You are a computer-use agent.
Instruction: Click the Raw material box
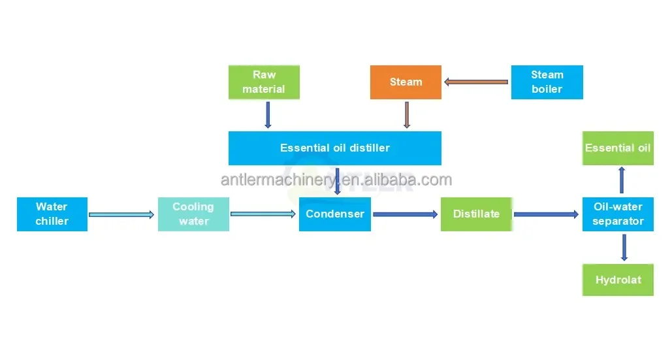point(264,82)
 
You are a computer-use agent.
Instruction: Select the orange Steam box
point(406,82)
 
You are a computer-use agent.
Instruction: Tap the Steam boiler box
point(547,82)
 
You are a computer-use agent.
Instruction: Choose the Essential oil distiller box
point(334,148)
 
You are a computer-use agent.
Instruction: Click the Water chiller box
point(52,214)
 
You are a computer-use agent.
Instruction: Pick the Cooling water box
point(193,214)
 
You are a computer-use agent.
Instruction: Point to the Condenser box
point(335,214)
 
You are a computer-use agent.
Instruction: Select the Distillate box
point(476,214)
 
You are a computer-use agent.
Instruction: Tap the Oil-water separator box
point(618,214)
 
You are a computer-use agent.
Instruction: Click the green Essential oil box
point(618,148)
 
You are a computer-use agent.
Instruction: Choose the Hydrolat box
point(618,280)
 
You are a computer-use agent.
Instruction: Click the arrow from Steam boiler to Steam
point(476,82)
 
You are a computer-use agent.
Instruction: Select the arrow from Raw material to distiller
point(268,115)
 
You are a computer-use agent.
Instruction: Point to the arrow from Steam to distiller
point(406,115)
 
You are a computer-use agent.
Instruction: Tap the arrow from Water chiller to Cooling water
point(122,214)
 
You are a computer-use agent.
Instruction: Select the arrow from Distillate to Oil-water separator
point(547,214)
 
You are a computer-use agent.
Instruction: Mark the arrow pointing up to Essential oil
point(622,180)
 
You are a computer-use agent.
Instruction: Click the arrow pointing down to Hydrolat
point(624,248)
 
